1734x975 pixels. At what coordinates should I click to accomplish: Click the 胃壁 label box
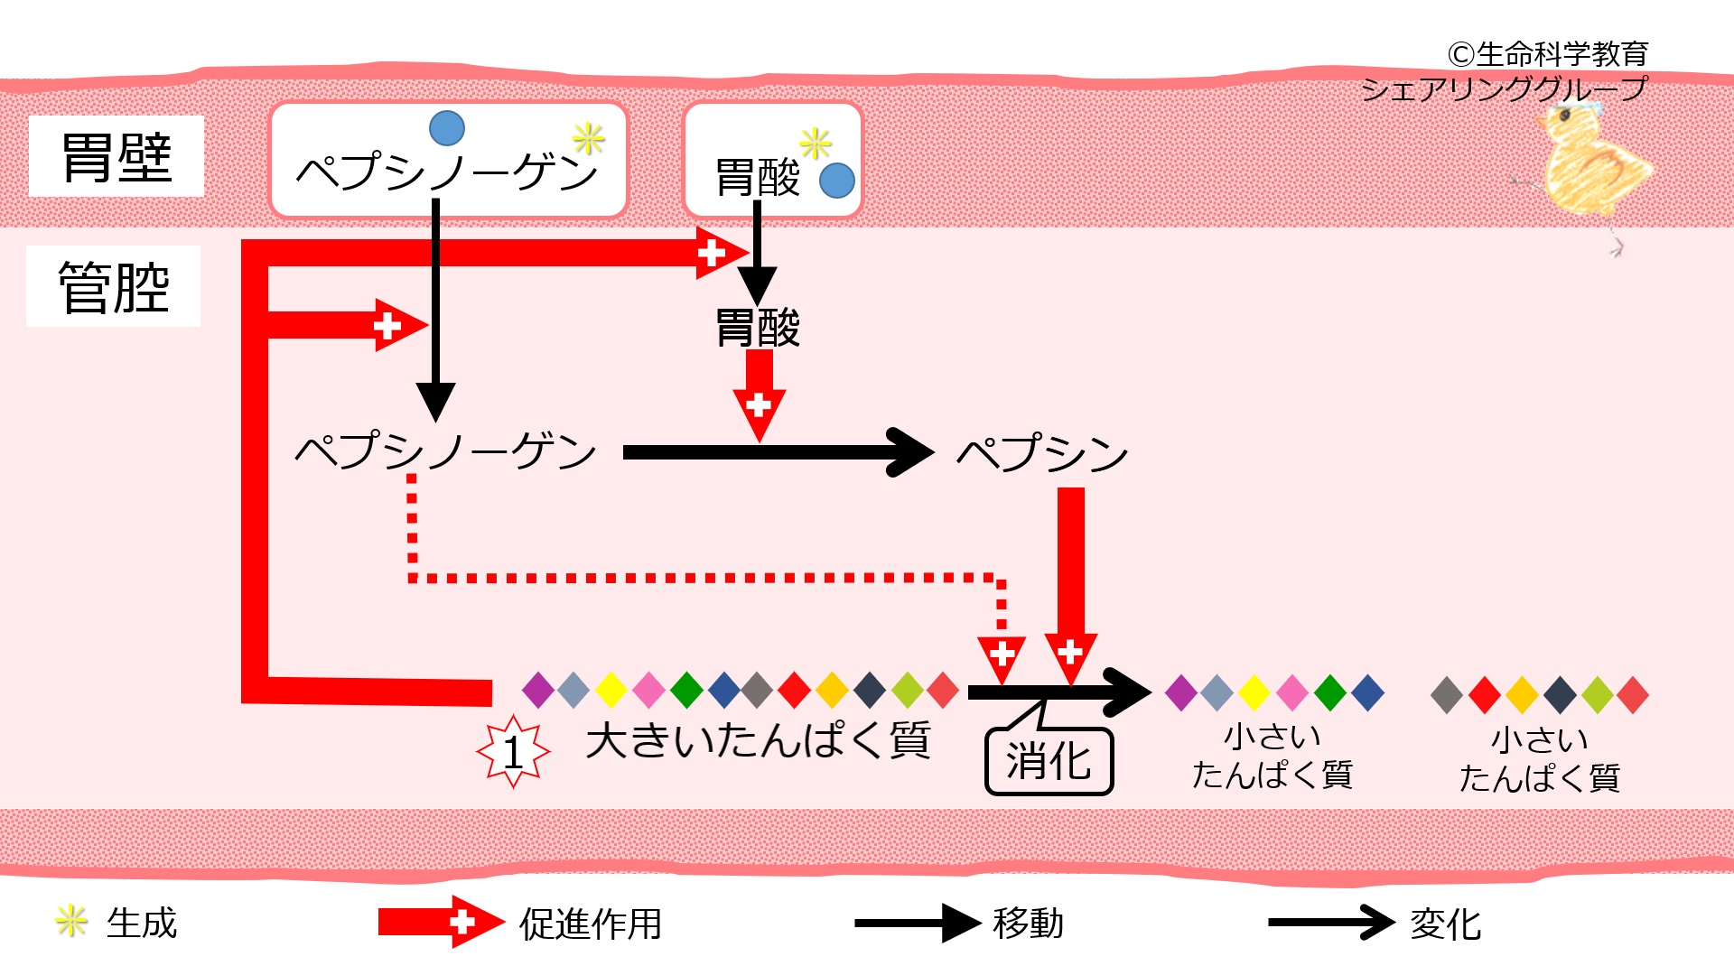click(x=116, y=156)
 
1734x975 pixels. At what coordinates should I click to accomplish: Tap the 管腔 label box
click(x=114, y=286)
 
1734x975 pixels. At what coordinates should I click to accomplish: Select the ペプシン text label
click(x=1041, y=452)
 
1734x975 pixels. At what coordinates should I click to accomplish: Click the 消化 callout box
click(x=1049, y=761)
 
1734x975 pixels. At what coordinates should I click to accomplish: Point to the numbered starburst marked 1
click(x=513, y=751)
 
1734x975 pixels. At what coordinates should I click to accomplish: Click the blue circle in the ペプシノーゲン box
click(x=447, y=128)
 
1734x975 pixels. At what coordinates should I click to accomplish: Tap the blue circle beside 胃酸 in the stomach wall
click(x=837, y=181)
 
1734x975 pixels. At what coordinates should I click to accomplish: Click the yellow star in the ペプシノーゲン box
click(x=588, y=139)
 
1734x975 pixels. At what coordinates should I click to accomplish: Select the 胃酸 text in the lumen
click(x=757, y=328)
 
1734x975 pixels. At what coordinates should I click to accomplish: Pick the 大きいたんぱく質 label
click(x=758, y=740)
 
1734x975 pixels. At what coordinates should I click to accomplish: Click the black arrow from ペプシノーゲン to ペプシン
click(x=777, y=452)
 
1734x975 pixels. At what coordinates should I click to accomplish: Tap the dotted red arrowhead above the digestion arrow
click(x=1002, y=658)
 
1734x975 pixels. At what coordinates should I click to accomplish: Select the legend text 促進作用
click(x=591, y=924)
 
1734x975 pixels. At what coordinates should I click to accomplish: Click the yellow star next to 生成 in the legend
click(x=70, y=922)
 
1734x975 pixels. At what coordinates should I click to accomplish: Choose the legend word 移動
click(x=1028, y=923)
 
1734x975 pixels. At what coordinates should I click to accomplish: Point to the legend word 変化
click(x=1445, y=924)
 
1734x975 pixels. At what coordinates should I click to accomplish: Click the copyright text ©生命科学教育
click(x=1548, y=54)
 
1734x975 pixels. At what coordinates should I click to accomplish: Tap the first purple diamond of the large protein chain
click(x=538, y=691)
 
